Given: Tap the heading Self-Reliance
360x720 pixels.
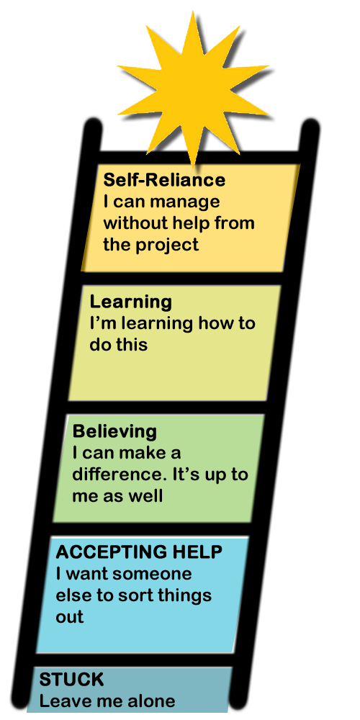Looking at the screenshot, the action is (x=164, y=180).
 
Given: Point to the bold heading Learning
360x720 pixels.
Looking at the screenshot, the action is (x=131, y=303).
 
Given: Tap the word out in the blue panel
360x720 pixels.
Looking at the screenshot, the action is (x=70, y=617).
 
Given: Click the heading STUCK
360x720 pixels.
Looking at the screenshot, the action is (x=71, y=680).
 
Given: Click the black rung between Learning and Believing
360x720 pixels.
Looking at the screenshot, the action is (x=166, y=407).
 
